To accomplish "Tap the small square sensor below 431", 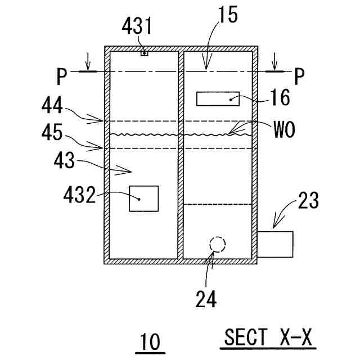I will [144, 53].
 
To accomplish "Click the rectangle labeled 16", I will [217, 98].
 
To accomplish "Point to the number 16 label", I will [277, 98].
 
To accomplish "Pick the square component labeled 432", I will [143, 198].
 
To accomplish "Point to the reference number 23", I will [307, 200].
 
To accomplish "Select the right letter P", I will [300, 75].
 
